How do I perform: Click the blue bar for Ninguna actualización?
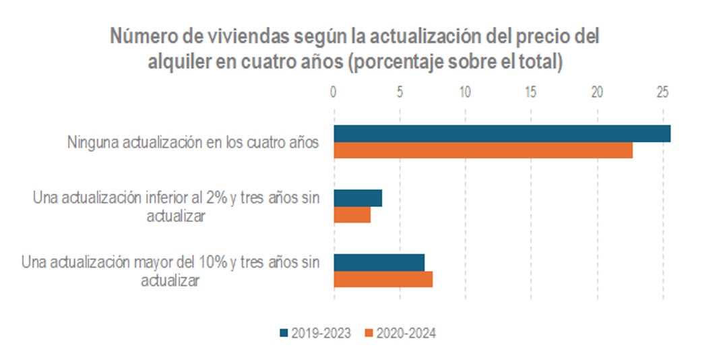click(502, 133)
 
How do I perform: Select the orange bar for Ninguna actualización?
click(483, 150)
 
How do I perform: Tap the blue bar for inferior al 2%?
click(358, 198)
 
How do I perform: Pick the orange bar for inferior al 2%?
click(352, 214)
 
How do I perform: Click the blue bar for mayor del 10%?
click(379, 262)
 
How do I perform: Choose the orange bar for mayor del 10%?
click(383, 279)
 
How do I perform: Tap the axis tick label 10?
click(465, 92)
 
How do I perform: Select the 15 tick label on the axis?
click(531, 92)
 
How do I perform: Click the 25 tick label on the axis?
click(663, 92)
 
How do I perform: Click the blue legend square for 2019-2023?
click(283, 333)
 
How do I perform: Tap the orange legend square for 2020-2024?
click(368, 333)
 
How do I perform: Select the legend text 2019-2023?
click(321, 333)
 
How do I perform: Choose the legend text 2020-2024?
click(406, 333)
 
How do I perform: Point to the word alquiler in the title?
click(177, 61)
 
